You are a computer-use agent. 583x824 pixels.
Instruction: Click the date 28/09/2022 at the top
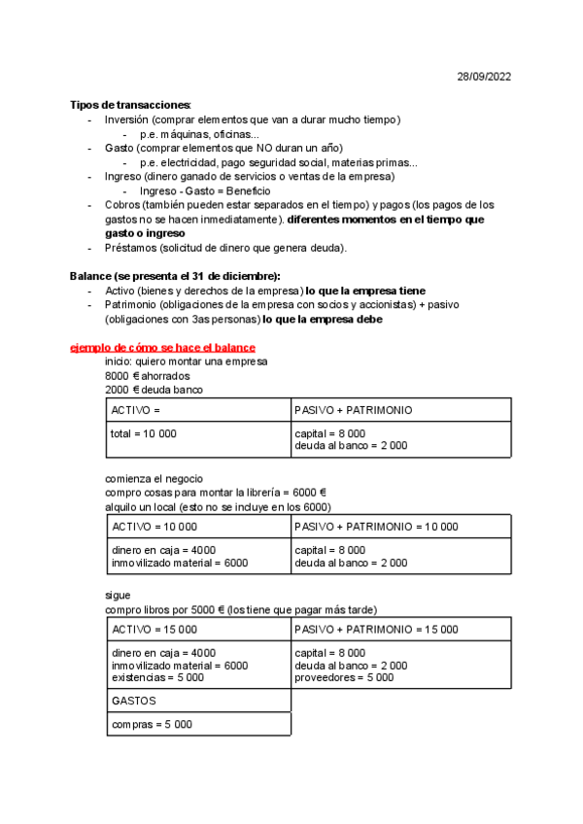[x=484, y=77]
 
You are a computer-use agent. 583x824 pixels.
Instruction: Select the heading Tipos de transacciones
[x=130, y=105]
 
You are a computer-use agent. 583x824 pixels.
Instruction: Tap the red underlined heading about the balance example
[x=162, y=348]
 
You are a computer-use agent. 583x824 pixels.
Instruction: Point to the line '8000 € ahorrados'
[x=147, y=375]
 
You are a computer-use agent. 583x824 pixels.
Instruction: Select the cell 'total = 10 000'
[x=144, y=433]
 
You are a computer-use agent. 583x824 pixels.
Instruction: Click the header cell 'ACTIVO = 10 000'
[x=154, y=526]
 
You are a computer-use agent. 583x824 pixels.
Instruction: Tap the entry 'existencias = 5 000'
[x=157, y=678]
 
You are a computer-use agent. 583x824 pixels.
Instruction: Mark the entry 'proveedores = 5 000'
[x=344, y=678]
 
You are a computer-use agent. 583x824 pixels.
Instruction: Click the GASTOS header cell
[x=135, y=700]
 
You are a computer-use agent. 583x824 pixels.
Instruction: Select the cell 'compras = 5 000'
[x=152, y=724]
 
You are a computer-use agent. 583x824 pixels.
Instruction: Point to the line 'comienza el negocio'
[x=154, y=478]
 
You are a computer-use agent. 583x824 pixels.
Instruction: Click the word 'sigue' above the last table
[x=118, y=595]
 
